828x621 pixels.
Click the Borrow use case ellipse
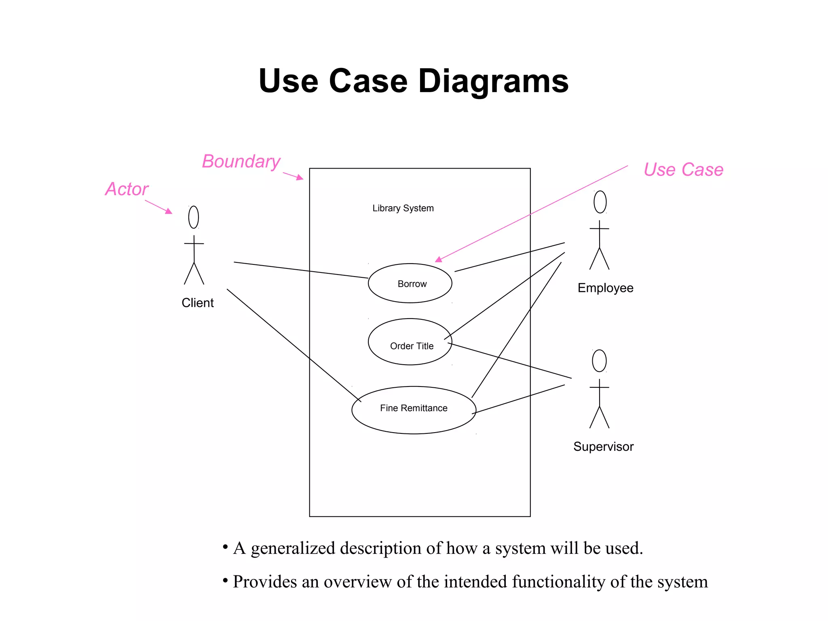tap(410, 283)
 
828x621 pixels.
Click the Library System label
tap(403, 208)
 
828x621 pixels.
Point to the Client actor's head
tap(194, 217)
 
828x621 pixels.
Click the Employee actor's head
tap(600, 202)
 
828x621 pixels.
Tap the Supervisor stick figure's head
tap(599, 361)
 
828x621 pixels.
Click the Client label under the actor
tap(197, 303)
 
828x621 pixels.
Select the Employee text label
tap(605, 288)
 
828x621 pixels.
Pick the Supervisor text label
tap(603, 447)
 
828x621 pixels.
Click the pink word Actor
tap(127, 189)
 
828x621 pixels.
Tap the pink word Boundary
tap(241, 162)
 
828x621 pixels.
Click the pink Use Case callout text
tap(683, 170)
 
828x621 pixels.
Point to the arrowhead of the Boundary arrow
tap(300, 177)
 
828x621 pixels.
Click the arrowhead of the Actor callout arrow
tap(169, 211)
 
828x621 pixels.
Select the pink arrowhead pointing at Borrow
tap(439, 260)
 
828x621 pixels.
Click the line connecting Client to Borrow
tap(301, 270)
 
